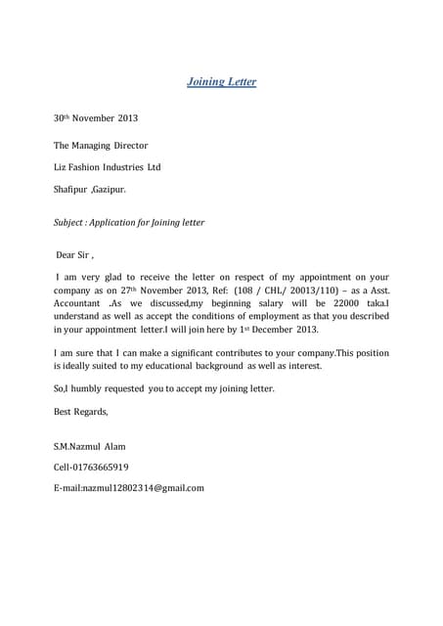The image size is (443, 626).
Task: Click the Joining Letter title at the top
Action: tap(221, 82)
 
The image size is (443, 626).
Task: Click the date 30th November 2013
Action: tap(96, 118)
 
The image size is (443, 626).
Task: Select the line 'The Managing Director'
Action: tap(101, 146)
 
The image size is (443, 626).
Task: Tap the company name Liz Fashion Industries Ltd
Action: tap(108, 167)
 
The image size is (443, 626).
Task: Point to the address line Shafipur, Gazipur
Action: tap(90, 189)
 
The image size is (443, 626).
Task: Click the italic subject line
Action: tap(129, 222)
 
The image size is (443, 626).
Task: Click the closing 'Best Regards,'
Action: tap(80, 412)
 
